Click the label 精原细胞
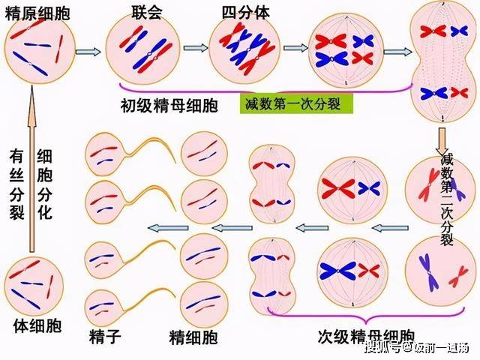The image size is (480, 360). [x=37, y=13]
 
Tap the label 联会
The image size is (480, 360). [x=147, y=13]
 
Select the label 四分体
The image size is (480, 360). [x=246, y=13]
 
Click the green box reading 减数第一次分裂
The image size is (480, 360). [x=296, y=103]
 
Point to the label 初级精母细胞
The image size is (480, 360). [x=169, y=105]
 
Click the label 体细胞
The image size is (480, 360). [x=37, y=325]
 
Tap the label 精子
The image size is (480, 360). [x=105, y=337]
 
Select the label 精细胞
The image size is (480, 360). [x=193, y=337]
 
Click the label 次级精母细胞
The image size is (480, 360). [x=366, y=337]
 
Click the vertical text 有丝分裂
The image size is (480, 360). [x=16, y=184]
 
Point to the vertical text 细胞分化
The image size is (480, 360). [x=45, y=184]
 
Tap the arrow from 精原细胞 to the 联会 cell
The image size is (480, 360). [x=88, y=52]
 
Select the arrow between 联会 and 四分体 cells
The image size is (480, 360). [x=196, y=48]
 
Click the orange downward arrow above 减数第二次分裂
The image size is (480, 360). [x=442, y=142]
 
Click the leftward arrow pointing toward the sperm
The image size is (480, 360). [x=168, y=227]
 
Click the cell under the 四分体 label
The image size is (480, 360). [x=245, y=49]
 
